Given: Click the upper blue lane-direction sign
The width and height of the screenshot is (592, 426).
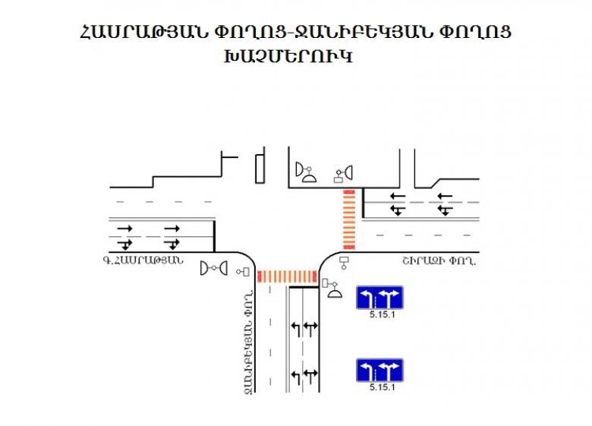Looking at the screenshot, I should [x=379, y=298].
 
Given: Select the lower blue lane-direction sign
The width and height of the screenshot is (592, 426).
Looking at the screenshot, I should [x=379, y=371].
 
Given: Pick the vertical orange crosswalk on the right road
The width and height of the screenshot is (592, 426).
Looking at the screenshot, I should [x=349, y=219].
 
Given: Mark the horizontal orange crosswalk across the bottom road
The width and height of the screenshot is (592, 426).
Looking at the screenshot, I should [x=286, y=276].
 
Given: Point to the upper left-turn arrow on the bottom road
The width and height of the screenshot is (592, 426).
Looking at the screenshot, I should [x=295, y=328].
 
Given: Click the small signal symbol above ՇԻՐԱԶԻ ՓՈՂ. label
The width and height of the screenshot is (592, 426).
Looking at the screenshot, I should [x=345, y=263].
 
